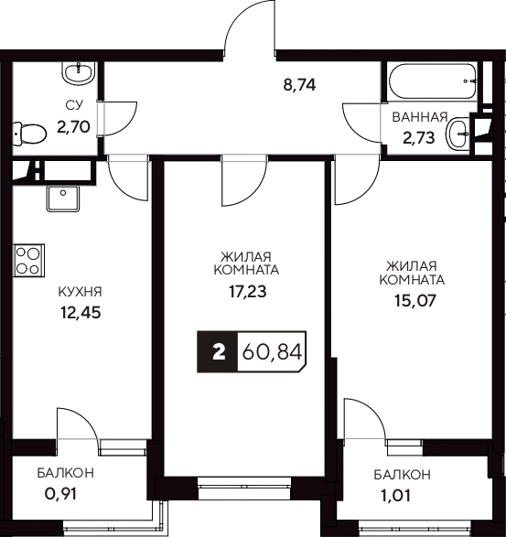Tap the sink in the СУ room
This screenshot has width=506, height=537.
coord(78,70)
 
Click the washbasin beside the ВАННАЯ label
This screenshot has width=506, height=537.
coord(457,135)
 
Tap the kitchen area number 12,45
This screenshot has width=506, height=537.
coord(78,312)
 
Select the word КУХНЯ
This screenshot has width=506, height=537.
coord(80,292)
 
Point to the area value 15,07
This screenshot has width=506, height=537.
coord(412,301)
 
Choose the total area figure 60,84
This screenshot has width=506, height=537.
coord(271,351)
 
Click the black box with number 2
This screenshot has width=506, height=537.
coord(218,351)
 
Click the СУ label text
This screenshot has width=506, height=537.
coord(74,107)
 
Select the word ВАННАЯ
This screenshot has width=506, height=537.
coord(419,117)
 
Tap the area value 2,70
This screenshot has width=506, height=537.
coord(73,127)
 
